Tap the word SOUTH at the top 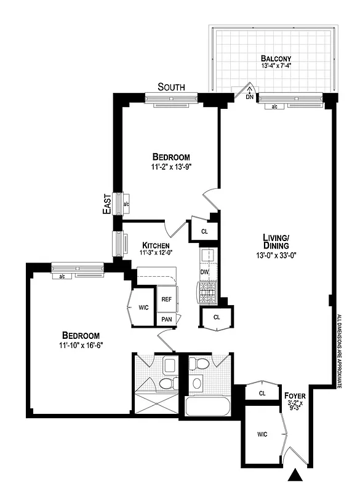[172, 87]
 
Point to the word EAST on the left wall [107, 204]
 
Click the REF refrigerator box [166, 300]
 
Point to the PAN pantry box [166, 319]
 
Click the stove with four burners [206, 293]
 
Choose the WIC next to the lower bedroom [143, 306]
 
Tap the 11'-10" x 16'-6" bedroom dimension [81, 345]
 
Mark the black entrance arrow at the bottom [296, 475]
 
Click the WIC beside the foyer [262, 435]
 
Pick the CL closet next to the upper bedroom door [204, 231]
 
